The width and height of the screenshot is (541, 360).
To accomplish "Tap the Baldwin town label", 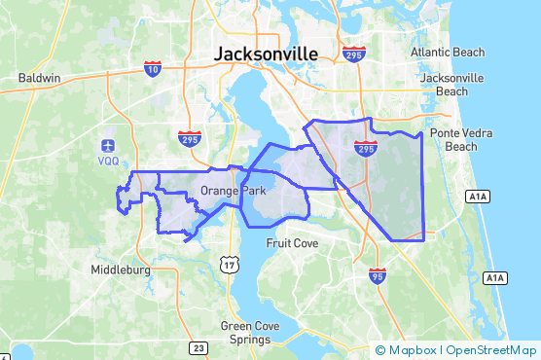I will [x=40, y=78].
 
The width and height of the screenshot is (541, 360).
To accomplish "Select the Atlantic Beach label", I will [x=446, y=52].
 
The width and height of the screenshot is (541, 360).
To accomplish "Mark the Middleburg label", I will [x=120, y=270].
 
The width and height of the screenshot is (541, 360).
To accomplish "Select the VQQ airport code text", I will [x=107, y=162].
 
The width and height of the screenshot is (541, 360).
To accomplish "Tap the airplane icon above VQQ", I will [x=107, y=145].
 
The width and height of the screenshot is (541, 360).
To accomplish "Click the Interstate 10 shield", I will [x=152, y=68].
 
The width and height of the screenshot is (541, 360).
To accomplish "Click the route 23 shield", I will [x=198, y=347].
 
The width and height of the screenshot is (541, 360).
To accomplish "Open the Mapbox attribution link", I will [x=407, y=350].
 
